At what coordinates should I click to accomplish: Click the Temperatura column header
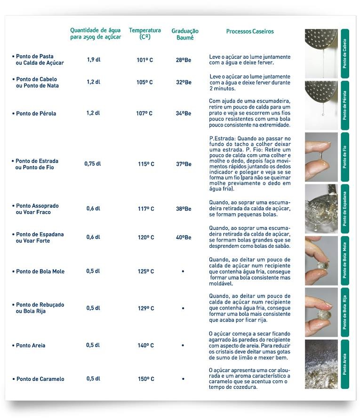pos(145,33)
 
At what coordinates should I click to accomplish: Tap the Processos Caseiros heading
pos(250,32)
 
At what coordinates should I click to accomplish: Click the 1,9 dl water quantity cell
pos(94,60)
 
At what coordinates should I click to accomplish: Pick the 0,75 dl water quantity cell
pos(93,164)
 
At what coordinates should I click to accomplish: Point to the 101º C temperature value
pos(145,60)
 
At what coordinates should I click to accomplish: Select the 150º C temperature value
pos(146,379)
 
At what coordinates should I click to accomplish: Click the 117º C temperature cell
pos(146,209)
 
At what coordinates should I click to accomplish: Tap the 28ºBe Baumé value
pos(184,60)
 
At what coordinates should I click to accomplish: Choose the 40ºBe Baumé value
pos(184,237)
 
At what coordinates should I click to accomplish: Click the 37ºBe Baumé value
pos(184,164)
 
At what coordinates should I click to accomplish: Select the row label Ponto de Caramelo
pos(40,379)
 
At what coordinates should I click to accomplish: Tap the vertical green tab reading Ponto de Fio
pos(345,157)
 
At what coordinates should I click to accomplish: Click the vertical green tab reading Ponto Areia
pos(345,363)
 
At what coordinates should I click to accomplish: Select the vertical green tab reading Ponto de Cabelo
pos(345,53)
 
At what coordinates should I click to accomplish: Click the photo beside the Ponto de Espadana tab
pos(321,209)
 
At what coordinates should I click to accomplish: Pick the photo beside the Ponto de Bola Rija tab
pos(321,312)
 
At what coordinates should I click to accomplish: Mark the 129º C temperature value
pos(146,308)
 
